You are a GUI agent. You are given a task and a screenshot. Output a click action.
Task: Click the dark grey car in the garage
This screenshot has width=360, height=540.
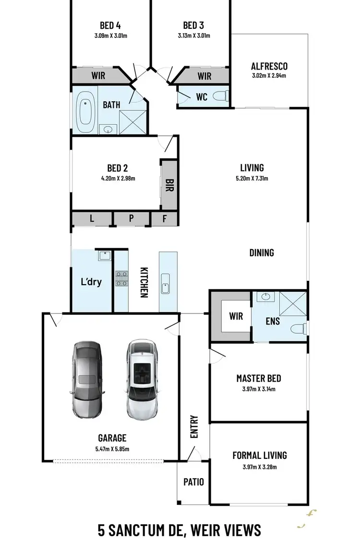point(87,379)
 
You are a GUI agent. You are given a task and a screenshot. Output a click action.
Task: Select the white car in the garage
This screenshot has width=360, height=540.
point(142,379)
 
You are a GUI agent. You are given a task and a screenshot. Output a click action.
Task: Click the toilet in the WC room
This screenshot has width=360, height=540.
point(220,96)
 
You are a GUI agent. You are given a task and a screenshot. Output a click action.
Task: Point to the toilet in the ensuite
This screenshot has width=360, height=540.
point(299,329)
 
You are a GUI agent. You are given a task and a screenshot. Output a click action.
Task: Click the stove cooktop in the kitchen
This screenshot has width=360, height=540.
point(121,278)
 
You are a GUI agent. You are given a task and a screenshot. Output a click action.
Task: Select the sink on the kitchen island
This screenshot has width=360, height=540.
point(166,283)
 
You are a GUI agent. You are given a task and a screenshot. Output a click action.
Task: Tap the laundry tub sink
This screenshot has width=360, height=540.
point(104,255)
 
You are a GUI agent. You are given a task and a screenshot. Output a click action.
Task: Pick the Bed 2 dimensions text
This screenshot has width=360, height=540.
point(118,179)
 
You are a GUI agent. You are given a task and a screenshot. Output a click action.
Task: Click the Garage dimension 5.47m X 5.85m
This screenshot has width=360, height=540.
point(112,449)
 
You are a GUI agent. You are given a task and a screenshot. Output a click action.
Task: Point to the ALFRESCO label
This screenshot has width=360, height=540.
point(269,67)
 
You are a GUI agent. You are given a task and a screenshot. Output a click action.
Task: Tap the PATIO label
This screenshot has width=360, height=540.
point(193,481)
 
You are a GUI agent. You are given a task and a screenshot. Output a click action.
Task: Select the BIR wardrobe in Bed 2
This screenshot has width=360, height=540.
point(169,185)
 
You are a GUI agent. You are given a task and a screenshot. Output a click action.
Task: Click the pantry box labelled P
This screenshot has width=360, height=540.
point(131,219)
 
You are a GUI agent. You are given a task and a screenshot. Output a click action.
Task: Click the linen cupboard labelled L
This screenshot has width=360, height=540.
point(92,219)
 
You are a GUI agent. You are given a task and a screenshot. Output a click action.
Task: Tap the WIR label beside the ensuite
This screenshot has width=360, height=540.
point(236,316)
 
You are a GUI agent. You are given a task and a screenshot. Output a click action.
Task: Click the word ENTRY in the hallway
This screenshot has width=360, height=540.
point(194,426)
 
